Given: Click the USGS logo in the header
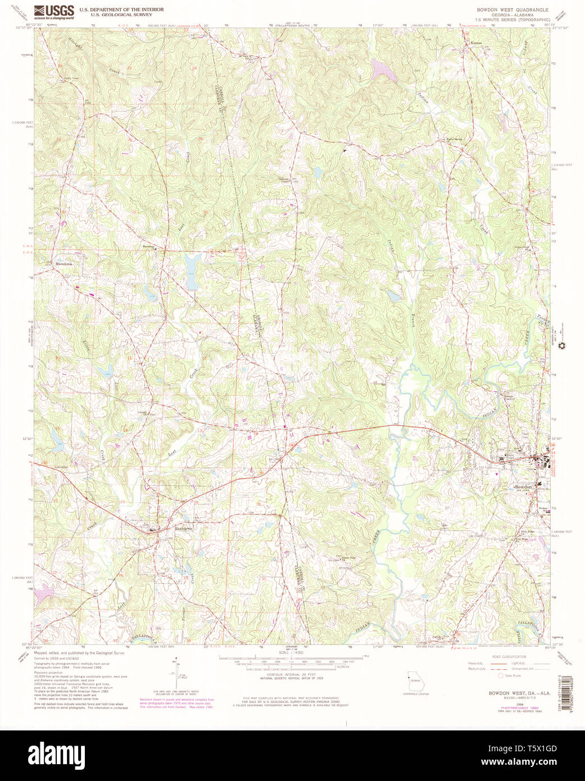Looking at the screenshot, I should [x=54, y=12].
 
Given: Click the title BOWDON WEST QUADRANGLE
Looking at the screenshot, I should [x=513, y=10].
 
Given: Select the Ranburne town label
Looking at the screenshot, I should [x=183, y=529].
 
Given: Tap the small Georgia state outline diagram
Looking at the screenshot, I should [x=415, y=680].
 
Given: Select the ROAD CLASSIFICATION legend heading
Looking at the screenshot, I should [x=509, y=656].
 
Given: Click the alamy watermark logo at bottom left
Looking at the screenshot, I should [x=56, y=754].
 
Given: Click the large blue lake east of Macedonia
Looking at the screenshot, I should [x=193, y=270].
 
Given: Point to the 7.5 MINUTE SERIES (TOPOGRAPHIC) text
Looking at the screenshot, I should [x=513, y=19].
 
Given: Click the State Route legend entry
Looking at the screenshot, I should [x=513, y=676].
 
